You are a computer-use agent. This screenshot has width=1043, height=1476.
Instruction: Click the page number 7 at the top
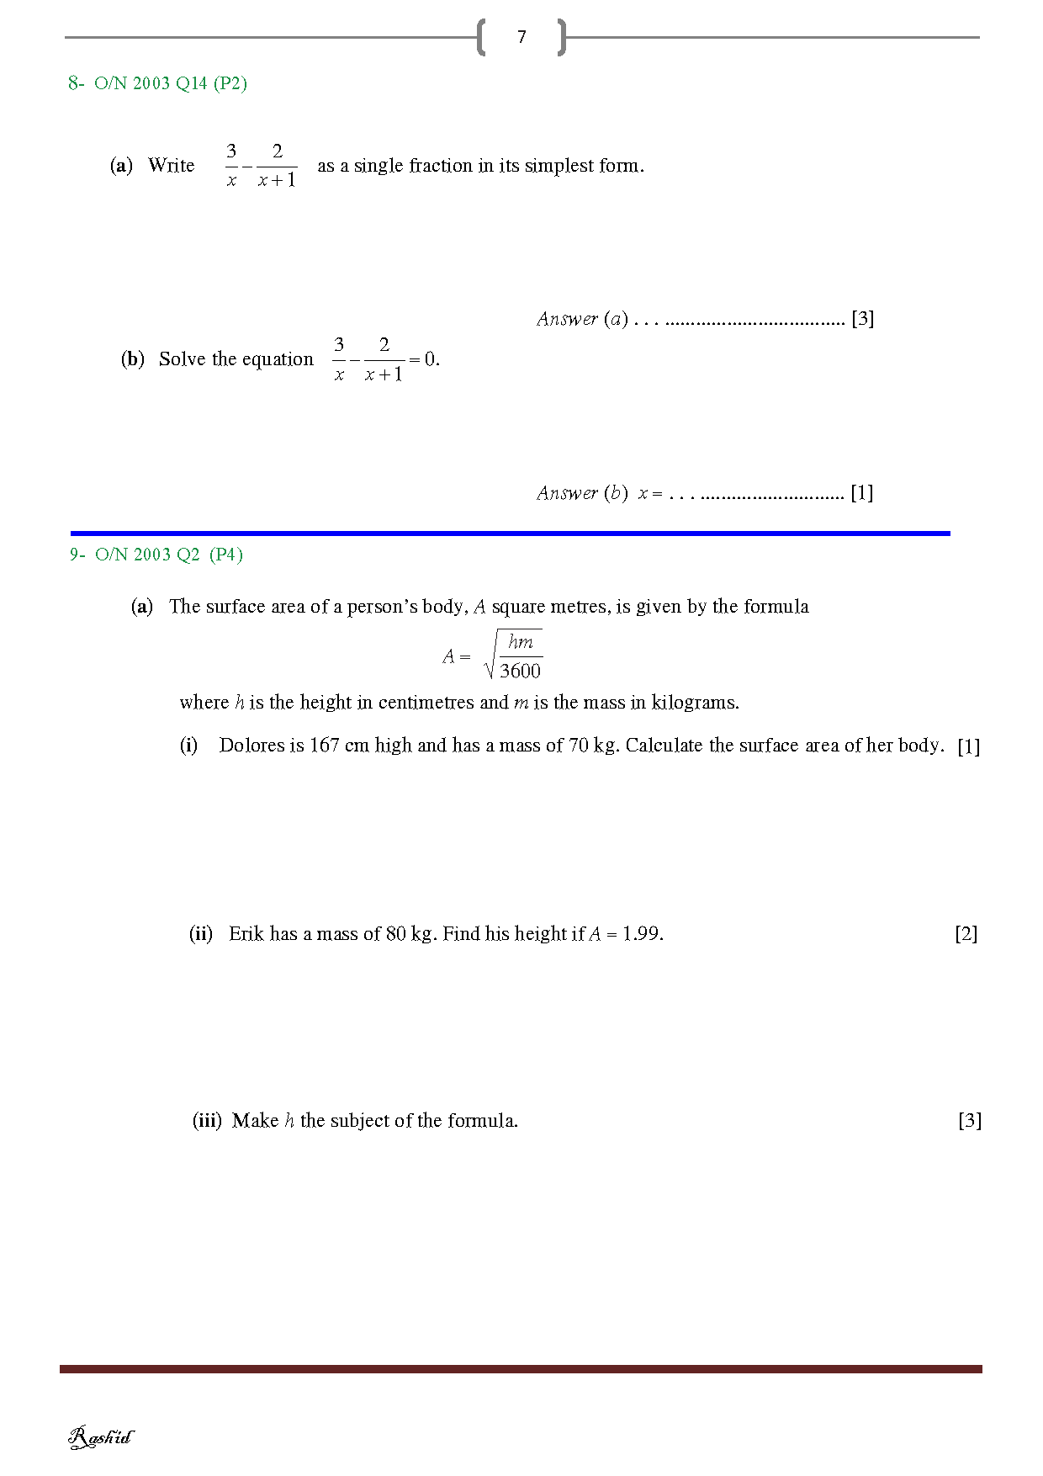pyautogui.click(x=521, y=37)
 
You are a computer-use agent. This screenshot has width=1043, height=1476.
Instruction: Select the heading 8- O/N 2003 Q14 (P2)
pyautogui.click(x=157, y=82)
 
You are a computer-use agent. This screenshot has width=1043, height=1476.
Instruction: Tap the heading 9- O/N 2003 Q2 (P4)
pyautogui.click(x=156, y=554)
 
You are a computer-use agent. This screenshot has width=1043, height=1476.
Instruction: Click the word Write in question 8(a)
pyautogui.click(x=171, y=166)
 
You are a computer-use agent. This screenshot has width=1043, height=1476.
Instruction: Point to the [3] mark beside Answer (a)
pyautogui.click(x=862, y=318)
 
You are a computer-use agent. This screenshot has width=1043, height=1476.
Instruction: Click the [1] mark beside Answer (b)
pyautogui.click(x=861, y=492)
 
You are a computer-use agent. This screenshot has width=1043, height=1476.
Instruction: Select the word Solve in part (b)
pyautogui.click(x=182, y=359)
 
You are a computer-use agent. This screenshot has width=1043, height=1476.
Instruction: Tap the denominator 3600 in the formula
pyautogui.click(x=520, y=671)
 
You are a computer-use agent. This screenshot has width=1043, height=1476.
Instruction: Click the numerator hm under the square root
pyautogui.click(x=521, y=642)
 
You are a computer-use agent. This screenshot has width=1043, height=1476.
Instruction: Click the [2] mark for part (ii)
pyautogui.click(x=966, y=934)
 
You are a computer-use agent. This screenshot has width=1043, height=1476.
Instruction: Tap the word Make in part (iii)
pyautogui.click(x=255, y=1121)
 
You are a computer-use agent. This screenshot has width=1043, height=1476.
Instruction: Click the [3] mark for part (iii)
pyautogui.click(x=969, y=1121)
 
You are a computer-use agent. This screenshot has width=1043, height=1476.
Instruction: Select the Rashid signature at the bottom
pyautogui.click(x=100, y=1436)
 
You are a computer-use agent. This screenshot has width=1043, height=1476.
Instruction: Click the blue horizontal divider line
pyautogui.click(x=510, y=533)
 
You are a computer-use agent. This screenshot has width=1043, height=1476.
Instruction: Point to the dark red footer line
pyautogui.click(x=521, y=1369)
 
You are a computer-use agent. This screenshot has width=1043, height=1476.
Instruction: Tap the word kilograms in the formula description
pyautogui.click(x=694, y=703)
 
